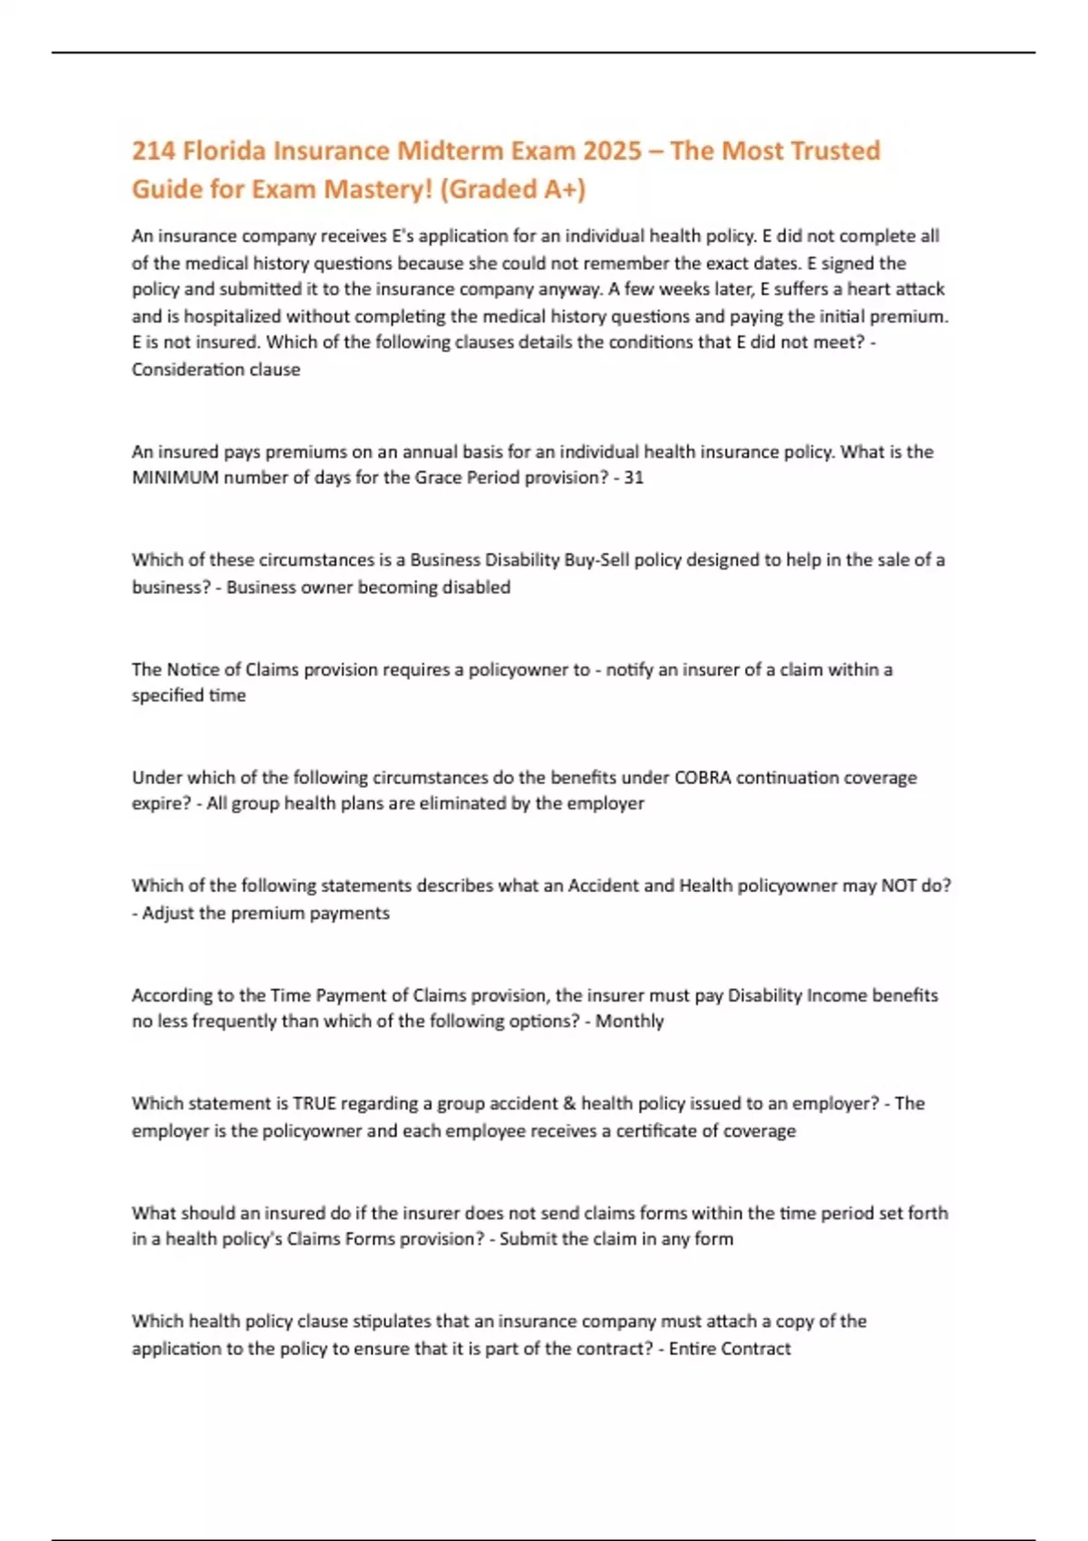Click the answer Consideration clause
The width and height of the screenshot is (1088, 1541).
216,370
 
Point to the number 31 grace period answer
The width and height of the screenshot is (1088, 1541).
634,478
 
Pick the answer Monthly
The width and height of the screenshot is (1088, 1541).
629,1022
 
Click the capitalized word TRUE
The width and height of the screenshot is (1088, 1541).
315,1104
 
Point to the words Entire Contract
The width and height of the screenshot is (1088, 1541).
730,1349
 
